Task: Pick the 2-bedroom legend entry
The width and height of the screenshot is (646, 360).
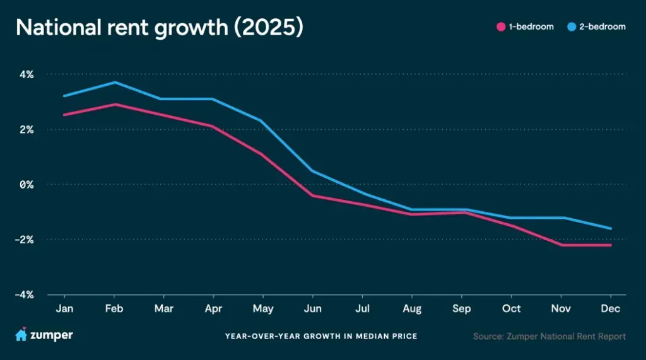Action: [598, 27]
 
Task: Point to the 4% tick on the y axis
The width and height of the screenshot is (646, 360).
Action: [26, 74]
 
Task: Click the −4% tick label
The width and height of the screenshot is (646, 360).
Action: [25, 294]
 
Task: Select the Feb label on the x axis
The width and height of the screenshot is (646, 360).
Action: [114, 308]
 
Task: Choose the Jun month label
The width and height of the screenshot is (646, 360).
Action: [312, 308]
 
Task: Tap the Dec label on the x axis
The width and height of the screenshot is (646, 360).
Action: [611, 308]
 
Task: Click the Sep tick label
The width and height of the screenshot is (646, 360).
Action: [462, 308]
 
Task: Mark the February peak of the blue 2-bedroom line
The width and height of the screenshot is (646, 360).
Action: [114, 82]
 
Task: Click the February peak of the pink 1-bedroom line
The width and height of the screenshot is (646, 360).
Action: [114, 104]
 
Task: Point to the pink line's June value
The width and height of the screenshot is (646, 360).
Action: [312, 195]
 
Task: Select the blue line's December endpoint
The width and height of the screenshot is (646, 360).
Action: [611, 228]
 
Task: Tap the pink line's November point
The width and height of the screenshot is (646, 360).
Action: [561, 245]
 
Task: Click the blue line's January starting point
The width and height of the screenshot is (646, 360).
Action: [64, 96]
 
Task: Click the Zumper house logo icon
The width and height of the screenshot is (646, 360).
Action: [21, 335]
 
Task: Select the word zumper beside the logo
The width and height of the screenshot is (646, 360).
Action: [52, 336]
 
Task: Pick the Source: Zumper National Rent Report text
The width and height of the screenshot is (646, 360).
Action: [549, 336]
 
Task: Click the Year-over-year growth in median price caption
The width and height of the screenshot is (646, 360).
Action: [320, 336]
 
